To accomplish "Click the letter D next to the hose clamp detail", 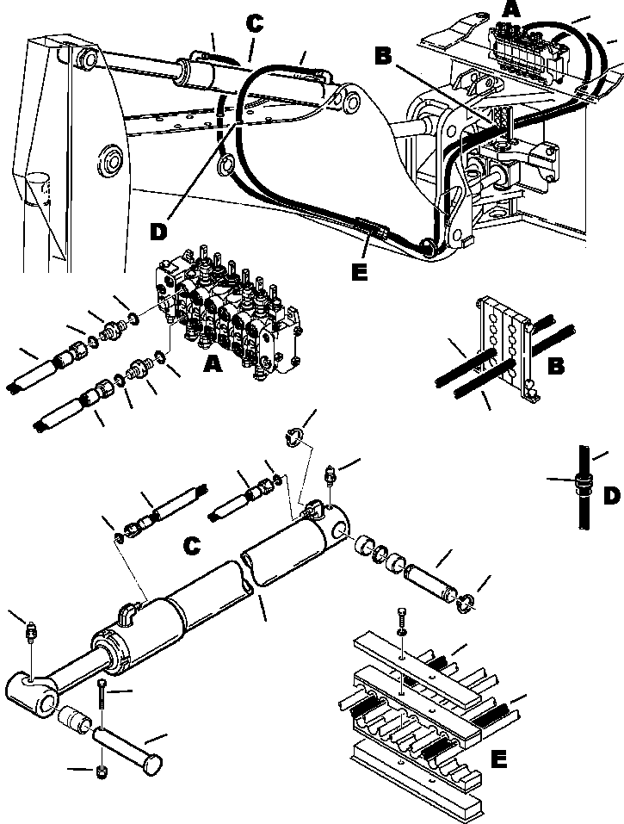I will pyautogui.click(x=609, y=497).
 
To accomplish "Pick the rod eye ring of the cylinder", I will pyautogui.click(x=34, y=692).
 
